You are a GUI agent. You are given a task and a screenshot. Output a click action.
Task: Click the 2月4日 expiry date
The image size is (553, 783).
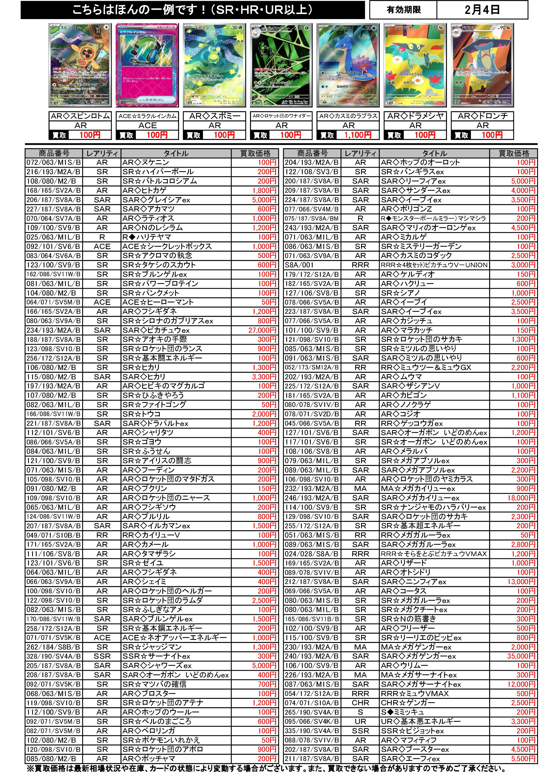coord(482,10)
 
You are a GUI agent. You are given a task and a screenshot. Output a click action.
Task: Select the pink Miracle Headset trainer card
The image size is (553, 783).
coord(147,65)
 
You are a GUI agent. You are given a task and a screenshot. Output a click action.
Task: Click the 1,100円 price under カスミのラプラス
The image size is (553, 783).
coord(358,135)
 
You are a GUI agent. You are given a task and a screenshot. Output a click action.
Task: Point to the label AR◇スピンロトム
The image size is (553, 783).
coord(81,116)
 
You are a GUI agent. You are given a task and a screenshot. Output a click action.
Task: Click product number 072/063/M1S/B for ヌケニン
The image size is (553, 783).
coord(54,162)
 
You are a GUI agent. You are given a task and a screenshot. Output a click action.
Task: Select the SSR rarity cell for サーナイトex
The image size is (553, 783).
coord(102,656)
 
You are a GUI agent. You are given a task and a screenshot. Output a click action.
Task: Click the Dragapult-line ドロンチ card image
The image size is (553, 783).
coord(482,65)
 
